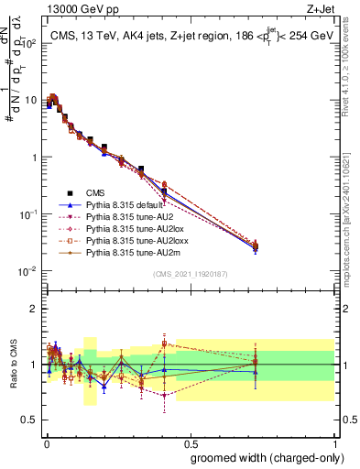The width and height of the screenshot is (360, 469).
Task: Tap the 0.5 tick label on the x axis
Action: [x=190, y=442]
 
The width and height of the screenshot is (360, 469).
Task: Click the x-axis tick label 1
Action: [x=334, y=442]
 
